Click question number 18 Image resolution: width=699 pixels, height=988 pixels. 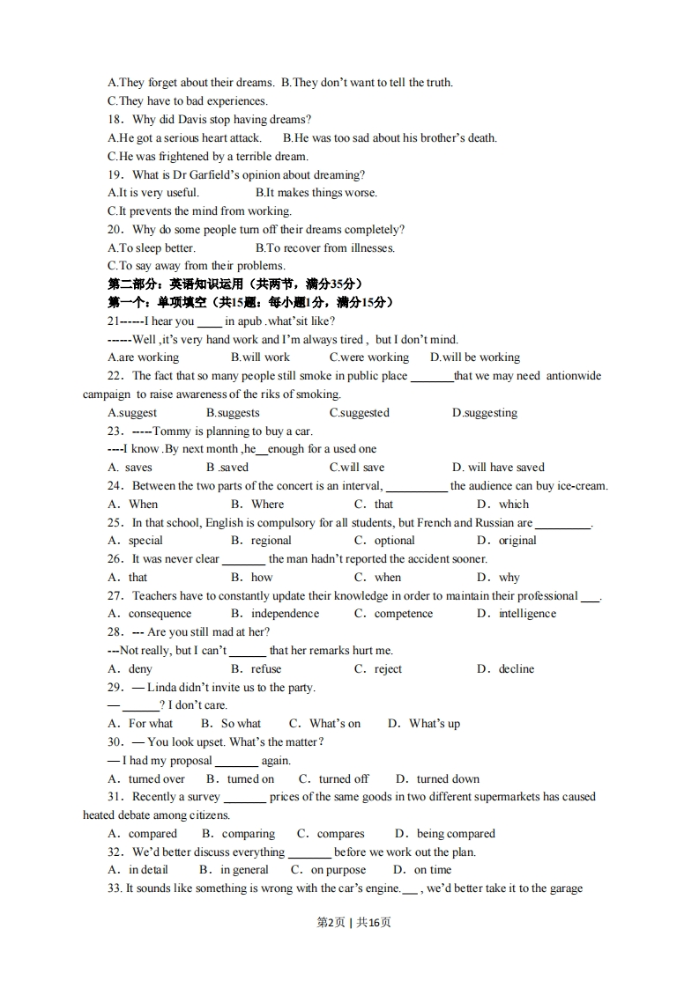click(x=116, y=120)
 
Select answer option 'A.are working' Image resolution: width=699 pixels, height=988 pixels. click(x=143, y=358)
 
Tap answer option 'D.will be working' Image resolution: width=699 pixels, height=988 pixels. click(x=474, y=358)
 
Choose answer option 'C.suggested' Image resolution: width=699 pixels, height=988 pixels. click(x=359, y=413)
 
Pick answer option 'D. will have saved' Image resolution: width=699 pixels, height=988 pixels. click(x=498, y=468)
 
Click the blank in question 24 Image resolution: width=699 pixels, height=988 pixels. click(x=416, y=487)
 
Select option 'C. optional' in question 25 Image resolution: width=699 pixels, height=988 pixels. click(x=384, y=541)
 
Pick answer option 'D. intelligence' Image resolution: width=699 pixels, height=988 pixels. click(x=517, y=614)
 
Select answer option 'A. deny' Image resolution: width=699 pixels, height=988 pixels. click(x=130, y=669)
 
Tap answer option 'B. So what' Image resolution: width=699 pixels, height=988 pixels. click(x=231, y=724)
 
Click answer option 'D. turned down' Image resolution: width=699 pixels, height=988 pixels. click(x=437, y=779)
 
